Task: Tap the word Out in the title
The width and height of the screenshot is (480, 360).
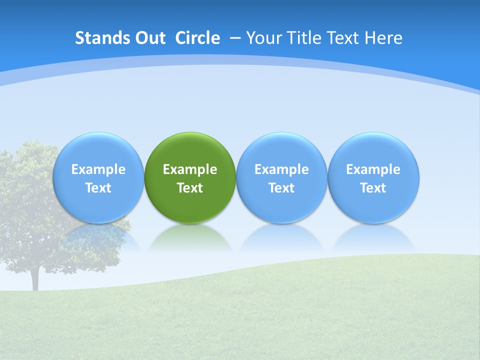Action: [x=149, y=38]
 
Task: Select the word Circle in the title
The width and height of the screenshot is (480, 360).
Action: [x=197, y=38]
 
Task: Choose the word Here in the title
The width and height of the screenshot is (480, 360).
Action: [x=383, y=38]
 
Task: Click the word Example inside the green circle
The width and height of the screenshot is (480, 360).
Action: [x=190, y=169]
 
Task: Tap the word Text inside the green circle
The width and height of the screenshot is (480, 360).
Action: [x=190, y=188]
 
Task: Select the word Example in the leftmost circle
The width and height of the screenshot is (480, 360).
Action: [x=98, y=169]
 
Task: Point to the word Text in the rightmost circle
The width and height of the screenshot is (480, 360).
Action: [x=373, y=188]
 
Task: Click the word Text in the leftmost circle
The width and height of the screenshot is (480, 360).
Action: [x=98, y=188]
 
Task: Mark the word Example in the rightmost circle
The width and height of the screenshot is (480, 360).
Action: [x=373, y=169]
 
